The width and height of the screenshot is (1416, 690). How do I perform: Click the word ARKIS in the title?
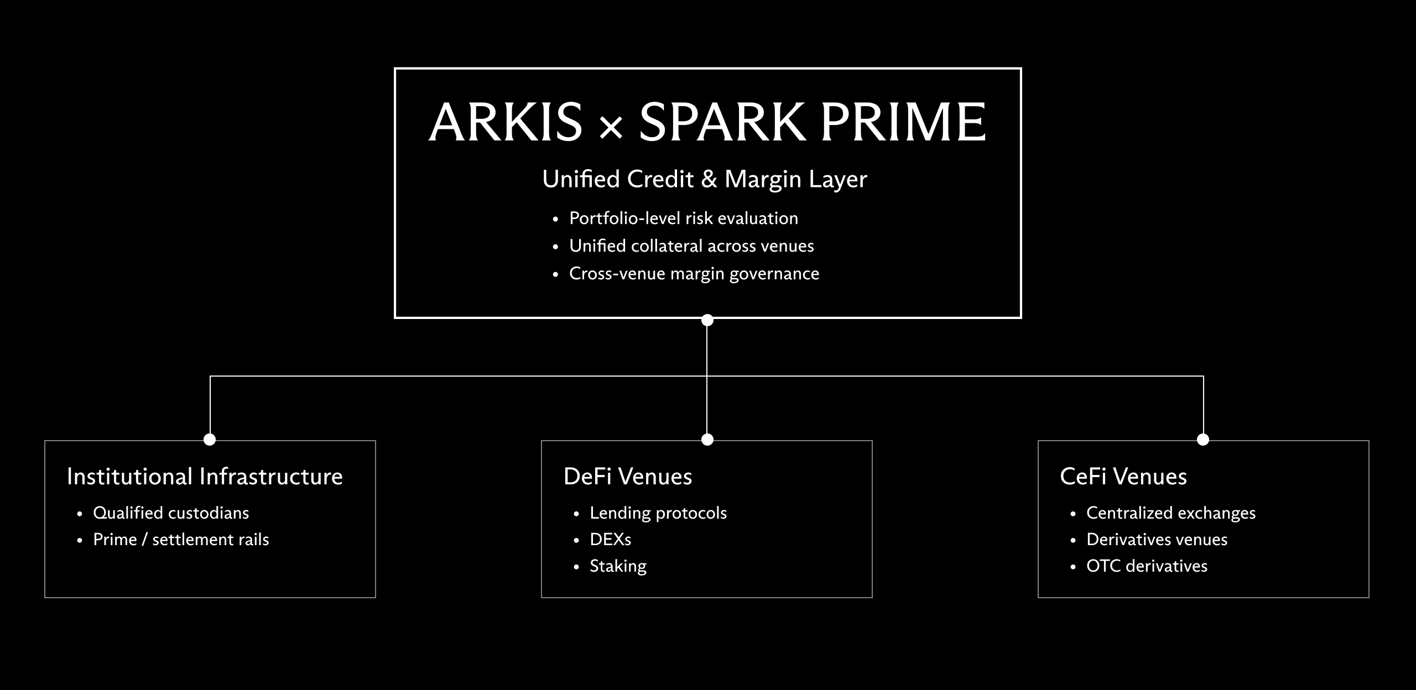click(x=506, y=122)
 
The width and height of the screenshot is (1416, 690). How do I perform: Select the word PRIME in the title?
click(x=903, y=122)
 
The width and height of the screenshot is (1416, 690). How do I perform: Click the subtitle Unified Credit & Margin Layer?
click(x=704, y=179)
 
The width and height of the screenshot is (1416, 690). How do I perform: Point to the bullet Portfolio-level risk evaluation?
click(x=683, y=218)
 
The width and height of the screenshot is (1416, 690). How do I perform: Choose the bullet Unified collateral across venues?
click(x=691, y=246)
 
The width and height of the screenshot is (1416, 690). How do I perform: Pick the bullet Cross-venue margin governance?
click(x=694, y=274)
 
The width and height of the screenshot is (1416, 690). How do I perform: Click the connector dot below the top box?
click(x=707, y=320)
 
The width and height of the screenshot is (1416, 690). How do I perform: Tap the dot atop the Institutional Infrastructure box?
click(x=210, y=440)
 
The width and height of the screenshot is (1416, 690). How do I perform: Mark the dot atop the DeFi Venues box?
click(x=707, y=440)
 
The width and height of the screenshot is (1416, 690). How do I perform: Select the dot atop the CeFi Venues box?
click(x=1203, y=440)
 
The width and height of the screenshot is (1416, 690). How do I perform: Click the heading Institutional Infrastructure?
click(x=205, y=477)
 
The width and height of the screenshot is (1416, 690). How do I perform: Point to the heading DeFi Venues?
click(x=628, y=477)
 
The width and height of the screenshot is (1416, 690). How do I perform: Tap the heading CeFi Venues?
click(x=1123, y=477)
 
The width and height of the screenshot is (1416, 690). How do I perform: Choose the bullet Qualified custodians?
click(x=171, y=513)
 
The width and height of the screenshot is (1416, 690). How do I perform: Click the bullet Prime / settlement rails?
click(x=181, y=540)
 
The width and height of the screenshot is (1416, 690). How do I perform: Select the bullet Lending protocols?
click(x=658, y=513)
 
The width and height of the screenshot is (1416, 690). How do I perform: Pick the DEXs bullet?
click(x=610, y=540)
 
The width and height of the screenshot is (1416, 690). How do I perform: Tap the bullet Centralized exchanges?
click(x=1170, y=513)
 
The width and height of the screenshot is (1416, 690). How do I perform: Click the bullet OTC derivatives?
click(x=1147, y=566)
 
